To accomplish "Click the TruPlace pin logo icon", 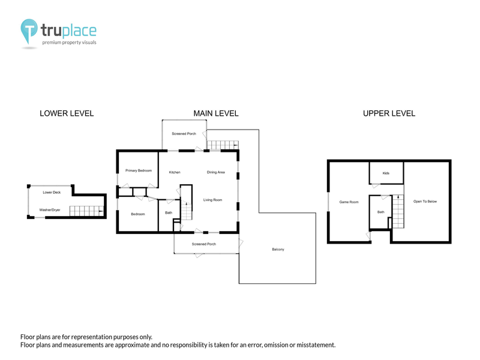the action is point(29,31).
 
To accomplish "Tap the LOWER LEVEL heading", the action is point(67,113).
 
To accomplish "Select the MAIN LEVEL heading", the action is point(216,113).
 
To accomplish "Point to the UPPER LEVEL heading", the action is point(389,113).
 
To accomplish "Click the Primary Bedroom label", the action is point(139,170).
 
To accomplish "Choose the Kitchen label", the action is point(175,172).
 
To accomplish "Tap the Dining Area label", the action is point(216,172).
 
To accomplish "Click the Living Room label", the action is point(213,200).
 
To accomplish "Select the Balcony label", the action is point(278,250).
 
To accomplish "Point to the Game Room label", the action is point(349,202).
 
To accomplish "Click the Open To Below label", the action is point(425,202).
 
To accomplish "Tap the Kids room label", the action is point(386,173).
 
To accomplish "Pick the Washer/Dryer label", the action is point(50,210).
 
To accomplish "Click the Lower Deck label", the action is point(52,193).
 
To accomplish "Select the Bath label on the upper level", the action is point(381,212).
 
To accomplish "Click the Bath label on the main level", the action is point(169,213).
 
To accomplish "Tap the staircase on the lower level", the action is point(86,211).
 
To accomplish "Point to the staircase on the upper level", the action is point(398,211).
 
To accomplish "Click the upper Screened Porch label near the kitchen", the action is point(184,134).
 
